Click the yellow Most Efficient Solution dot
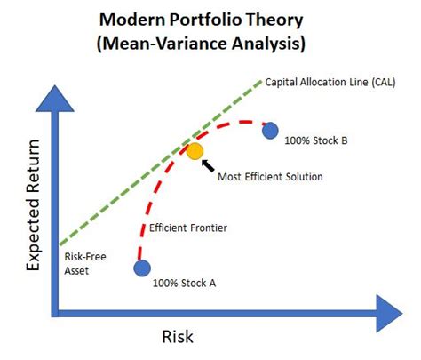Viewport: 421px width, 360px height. click(195, 151)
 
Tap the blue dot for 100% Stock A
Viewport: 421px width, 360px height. click(142, 267)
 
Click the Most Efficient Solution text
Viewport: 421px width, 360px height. click(270, 176)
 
